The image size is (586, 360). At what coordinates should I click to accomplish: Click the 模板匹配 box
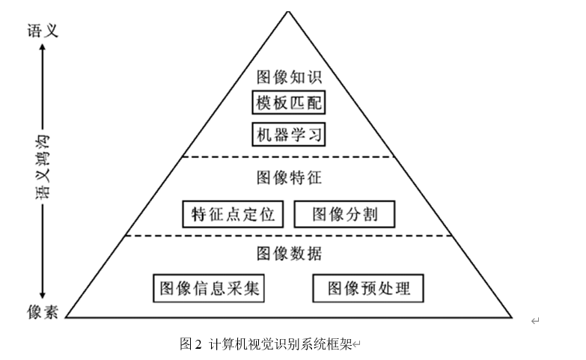[289, 103]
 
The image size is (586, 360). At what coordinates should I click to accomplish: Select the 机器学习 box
[289, 135]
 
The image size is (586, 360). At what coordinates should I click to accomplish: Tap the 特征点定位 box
[234, 214]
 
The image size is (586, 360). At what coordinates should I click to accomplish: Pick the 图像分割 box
[344, 214]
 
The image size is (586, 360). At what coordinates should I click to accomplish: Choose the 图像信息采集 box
[210, 288]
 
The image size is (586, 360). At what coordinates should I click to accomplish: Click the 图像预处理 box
[367, 288]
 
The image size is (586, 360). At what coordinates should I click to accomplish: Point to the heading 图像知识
[289, 77]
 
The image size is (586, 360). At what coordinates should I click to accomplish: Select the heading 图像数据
[289, 254]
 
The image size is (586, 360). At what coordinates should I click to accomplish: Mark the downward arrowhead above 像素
[43, 295]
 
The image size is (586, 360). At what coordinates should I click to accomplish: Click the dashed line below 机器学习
[289, 157]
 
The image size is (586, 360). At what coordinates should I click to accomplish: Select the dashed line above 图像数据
[289, 235]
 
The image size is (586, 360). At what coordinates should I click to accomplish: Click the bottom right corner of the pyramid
[512, 317]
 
